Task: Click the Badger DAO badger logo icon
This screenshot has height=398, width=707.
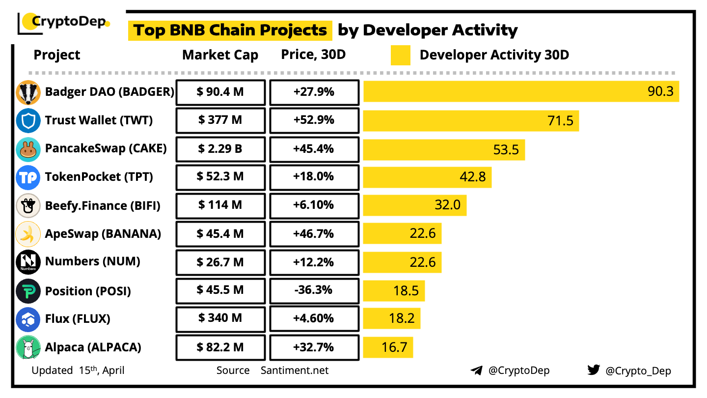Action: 28,92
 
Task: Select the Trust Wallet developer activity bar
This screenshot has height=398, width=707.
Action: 471,121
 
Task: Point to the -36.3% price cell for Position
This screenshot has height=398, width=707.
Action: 314,290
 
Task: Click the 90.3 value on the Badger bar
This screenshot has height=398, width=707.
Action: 660,91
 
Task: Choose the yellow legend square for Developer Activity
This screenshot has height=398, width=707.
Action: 401,55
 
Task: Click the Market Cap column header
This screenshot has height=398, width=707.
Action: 220,55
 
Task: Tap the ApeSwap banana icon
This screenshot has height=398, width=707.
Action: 28,234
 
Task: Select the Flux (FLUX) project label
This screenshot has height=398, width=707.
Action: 78,319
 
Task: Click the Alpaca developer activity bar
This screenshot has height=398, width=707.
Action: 388,347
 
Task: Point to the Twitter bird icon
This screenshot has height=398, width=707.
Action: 594,370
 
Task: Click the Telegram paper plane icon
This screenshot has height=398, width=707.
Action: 476,370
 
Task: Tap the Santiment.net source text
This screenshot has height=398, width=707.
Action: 295,370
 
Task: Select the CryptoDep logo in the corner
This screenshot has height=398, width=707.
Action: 64,22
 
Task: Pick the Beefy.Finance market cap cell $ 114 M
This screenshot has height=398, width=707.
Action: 220,205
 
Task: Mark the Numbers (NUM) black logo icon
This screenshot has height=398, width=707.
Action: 28,262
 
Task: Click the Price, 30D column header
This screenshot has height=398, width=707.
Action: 313,55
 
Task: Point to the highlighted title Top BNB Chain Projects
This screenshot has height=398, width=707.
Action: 230,30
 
